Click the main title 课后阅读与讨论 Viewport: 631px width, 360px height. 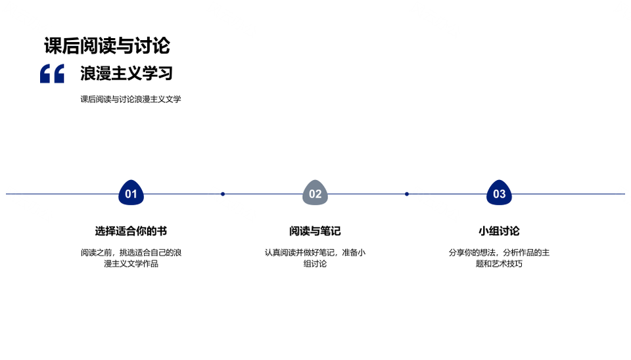(x=107, y=45)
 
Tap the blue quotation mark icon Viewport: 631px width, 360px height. (x=52, y=74)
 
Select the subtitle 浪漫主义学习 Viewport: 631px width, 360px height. (x=126, y=73)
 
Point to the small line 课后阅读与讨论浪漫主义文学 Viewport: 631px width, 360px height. (x=131, y=99)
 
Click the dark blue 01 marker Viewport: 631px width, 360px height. (x=131, y=192)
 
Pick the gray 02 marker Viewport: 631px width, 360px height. (x=315, y=192)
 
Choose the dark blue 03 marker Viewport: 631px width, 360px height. (x=499, y=192)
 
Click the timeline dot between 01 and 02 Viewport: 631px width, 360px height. (x=223, y=194)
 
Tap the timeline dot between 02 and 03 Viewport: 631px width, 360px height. (x=407, y=194)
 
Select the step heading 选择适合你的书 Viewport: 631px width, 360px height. (x=131, y=231)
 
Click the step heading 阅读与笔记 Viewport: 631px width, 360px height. (x=315, y=231)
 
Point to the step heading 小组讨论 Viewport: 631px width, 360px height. (x=499, y=231)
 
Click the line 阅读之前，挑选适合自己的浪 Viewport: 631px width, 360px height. (x=131, y=253)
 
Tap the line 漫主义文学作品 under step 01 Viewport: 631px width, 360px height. (x=131, y=264)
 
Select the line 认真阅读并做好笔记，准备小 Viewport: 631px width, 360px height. (x=315, y=253)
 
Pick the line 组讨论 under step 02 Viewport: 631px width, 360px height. (x=315, y=264)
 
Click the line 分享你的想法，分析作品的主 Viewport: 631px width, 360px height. (x=499, y=253)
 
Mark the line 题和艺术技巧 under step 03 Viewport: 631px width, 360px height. (x=499, y=264)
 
